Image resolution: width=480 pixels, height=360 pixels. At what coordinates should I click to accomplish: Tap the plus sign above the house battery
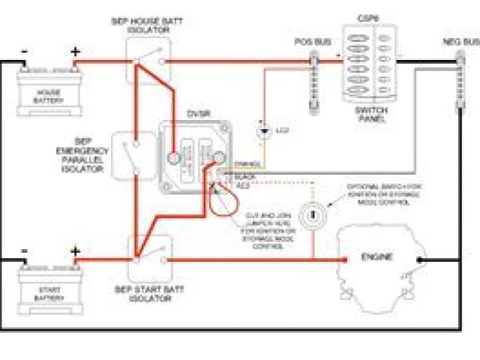coord(75,52)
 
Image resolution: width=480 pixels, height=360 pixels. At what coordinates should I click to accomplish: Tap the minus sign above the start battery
coord(25,251)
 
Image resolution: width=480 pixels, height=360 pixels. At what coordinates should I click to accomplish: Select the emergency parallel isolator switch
coord(133,155)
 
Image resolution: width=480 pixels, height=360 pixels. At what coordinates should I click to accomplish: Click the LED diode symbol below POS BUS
coord(264,132)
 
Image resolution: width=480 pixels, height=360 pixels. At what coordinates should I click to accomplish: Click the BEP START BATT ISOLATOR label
coord(150,293)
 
